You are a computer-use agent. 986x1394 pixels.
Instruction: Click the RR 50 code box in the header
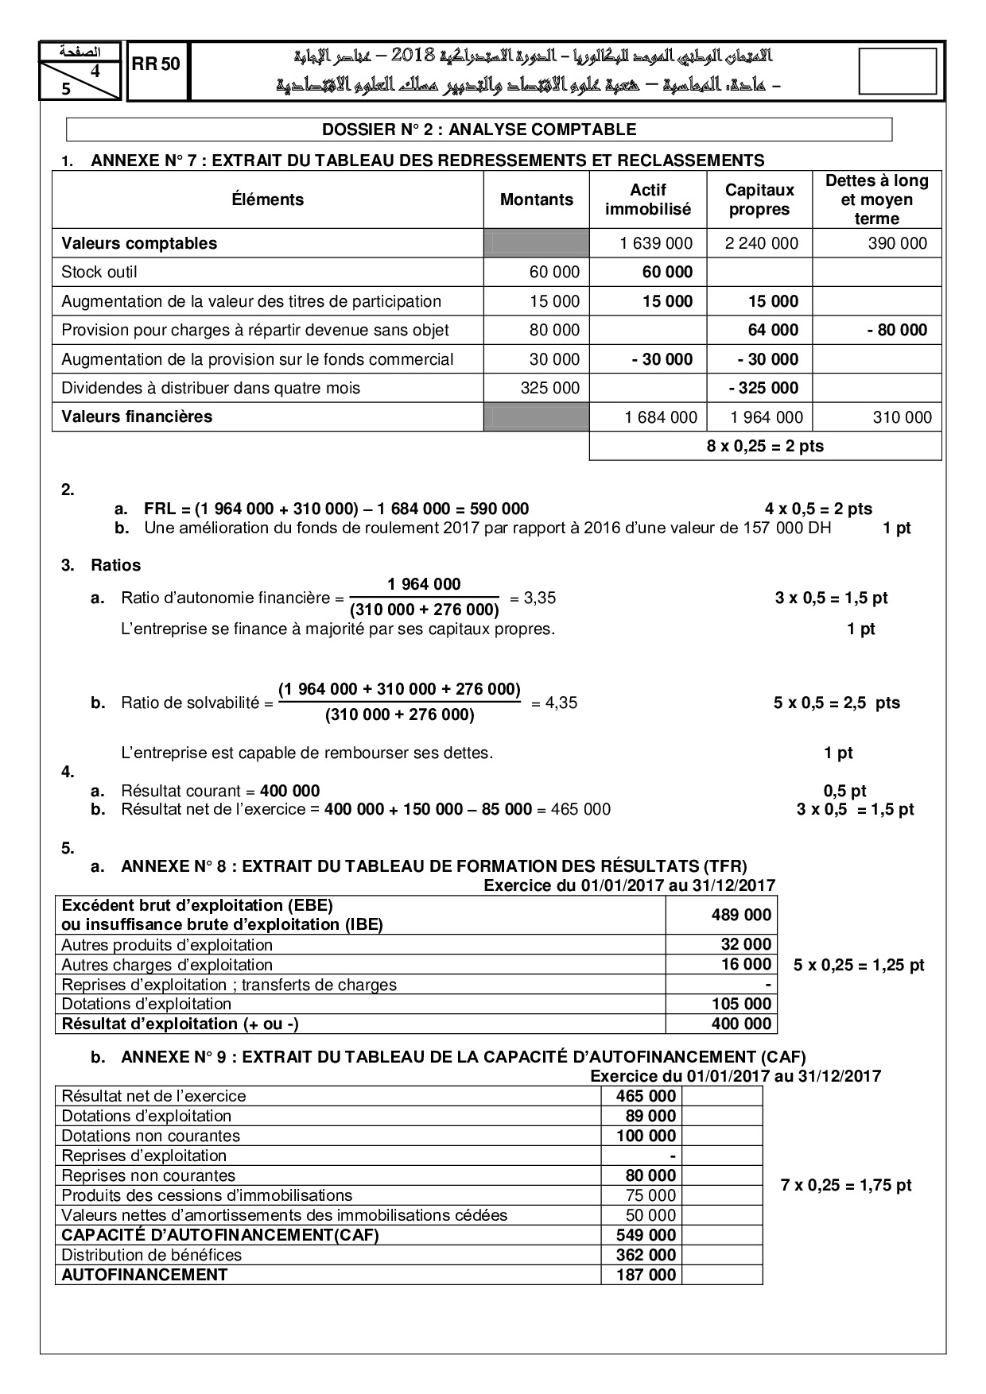(157, 65)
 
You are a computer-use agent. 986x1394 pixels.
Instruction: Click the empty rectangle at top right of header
(898, 72)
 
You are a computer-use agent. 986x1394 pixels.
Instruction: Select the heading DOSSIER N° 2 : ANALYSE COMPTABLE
(479, 130)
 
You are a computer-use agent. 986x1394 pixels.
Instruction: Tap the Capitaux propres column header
(759, 199)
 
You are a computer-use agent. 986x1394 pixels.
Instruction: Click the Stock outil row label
(99, 272)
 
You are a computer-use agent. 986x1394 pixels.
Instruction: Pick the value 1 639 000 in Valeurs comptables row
(656, 243)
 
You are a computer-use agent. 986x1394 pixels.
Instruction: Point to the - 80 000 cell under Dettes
(897, 330)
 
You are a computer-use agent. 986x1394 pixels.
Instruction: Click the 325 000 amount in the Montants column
(554, 388)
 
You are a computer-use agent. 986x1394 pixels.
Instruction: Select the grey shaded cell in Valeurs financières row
(537, 416)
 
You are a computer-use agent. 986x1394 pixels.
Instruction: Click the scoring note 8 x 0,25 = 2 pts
(765, 446)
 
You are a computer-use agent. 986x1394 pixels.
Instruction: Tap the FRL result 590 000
(499, 509)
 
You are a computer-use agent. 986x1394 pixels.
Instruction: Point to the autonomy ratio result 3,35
(541, 598)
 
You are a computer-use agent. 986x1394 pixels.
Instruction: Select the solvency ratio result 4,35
(561, 703)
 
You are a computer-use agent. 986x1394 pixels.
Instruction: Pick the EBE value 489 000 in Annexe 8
(741, 915)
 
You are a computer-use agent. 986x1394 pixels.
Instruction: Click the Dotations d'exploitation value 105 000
(741, 1004)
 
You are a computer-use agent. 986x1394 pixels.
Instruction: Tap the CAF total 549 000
(646, 1235)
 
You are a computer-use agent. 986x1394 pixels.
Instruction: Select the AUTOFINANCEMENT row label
(145, 1275)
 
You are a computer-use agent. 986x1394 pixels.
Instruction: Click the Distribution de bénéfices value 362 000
(646, 1255)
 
